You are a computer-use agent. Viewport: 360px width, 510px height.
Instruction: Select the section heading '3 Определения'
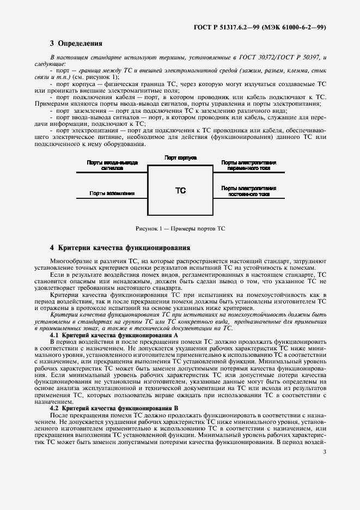[x=76, y=43]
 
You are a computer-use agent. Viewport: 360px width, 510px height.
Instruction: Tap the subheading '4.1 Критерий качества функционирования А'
[x=114, y=335]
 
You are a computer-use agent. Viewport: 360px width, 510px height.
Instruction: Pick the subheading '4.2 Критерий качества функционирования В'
[x=114, y=408]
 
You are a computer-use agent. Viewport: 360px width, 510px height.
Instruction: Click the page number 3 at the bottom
[x=325, y=452]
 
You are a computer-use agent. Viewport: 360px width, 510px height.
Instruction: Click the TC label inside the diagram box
[x=180, y=191]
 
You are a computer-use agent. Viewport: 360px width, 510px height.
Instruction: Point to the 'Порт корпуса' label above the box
[x=180, y=157]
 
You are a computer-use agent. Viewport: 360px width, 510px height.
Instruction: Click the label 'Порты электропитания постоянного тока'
[x=249, y=190]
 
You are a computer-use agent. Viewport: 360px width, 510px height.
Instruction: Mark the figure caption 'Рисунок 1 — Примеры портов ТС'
[x=180, y=228]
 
